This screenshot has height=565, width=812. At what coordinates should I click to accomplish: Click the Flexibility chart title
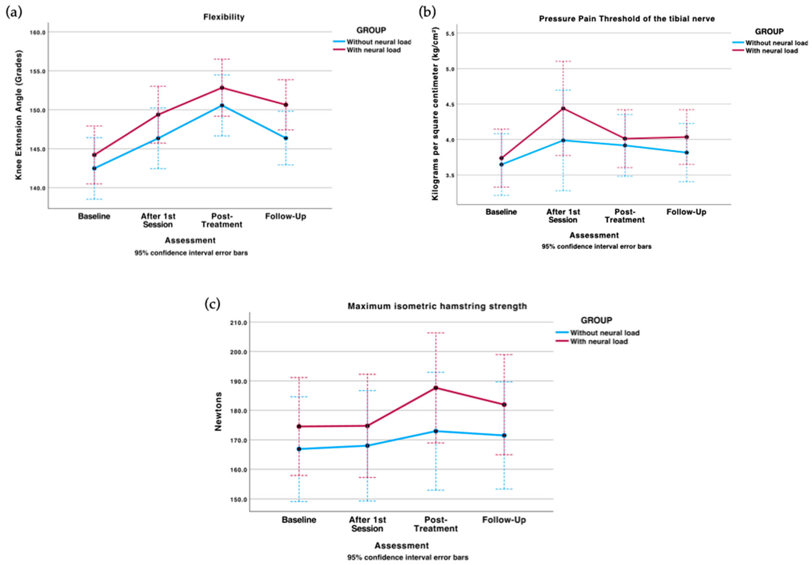(x=224, y=17)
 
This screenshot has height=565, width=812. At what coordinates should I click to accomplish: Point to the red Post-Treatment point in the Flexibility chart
(x=222, y=88)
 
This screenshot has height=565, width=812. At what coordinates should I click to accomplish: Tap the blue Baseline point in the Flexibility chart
(x=94, y=168)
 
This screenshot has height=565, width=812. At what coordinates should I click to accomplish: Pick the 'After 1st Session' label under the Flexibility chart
(x=158, y=220)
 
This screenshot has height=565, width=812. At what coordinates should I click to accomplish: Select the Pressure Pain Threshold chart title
(x=627, y=19)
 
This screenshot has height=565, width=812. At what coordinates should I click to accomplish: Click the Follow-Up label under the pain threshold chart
(x=686, y=212)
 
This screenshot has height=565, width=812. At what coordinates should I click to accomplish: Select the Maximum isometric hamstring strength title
(x=437, y=306)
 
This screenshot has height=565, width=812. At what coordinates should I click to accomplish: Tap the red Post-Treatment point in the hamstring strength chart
(x=436, y=388)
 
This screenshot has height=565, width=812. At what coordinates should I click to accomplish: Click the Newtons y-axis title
(x=218, y=412)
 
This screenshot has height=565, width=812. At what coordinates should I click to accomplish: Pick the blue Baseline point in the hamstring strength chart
(x=299, y=449)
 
